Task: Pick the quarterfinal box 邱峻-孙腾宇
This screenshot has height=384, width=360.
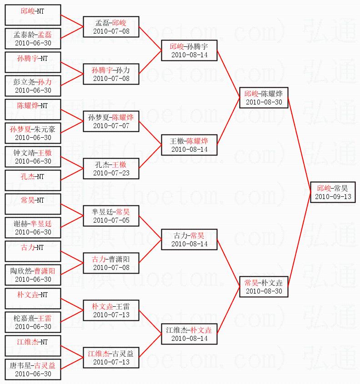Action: click(x=190, y=50)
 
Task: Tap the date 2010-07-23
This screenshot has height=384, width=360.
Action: click(x=111, y=173)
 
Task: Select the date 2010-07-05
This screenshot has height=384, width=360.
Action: click(x=111, y=220)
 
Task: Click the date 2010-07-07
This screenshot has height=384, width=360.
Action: click(x=111, y=125)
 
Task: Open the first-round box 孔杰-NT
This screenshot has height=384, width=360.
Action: click(x=33, y=180)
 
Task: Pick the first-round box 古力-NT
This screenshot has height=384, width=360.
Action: click(x=33, y=251)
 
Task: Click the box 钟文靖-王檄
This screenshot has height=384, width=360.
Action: click(x=33, y=157)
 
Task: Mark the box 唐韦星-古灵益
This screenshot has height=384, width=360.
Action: click(x=33, y=369)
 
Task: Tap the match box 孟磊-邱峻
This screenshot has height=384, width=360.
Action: click(x=111, y=27)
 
